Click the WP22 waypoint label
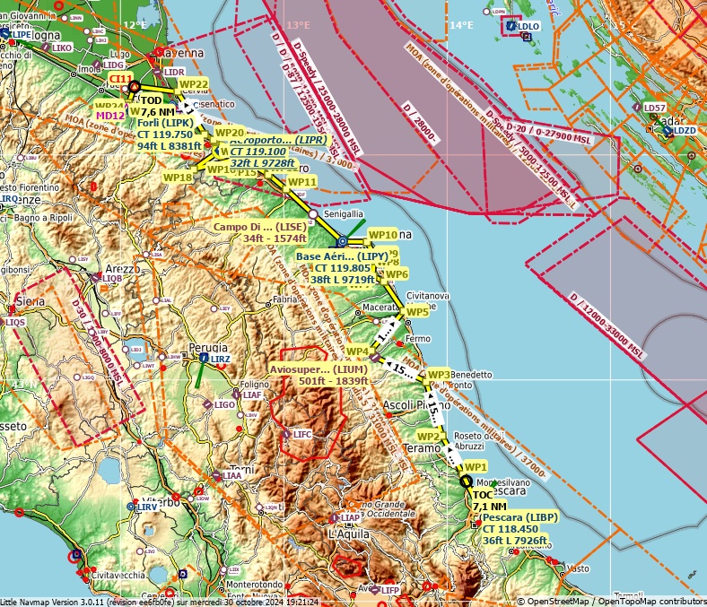coord(194,83)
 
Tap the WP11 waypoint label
coord(302,182)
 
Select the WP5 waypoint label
coord(416,312)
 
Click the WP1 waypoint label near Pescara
coord(475,467)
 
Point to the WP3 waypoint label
coord(439,374)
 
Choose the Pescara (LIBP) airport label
coord(519,517)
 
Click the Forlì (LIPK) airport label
coord(164,122)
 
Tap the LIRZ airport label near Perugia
coord(221,359)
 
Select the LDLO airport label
coord(529,26)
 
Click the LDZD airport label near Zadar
coord(685,131)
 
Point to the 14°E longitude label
coord(461,25)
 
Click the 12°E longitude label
coord(135,25)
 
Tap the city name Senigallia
coord(344,214)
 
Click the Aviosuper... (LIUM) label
coord(318,369)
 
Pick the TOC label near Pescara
coord(483,495)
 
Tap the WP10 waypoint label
coord(383,234)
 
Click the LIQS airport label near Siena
coord(16,322)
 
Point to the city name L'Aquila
coord(344,533)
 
